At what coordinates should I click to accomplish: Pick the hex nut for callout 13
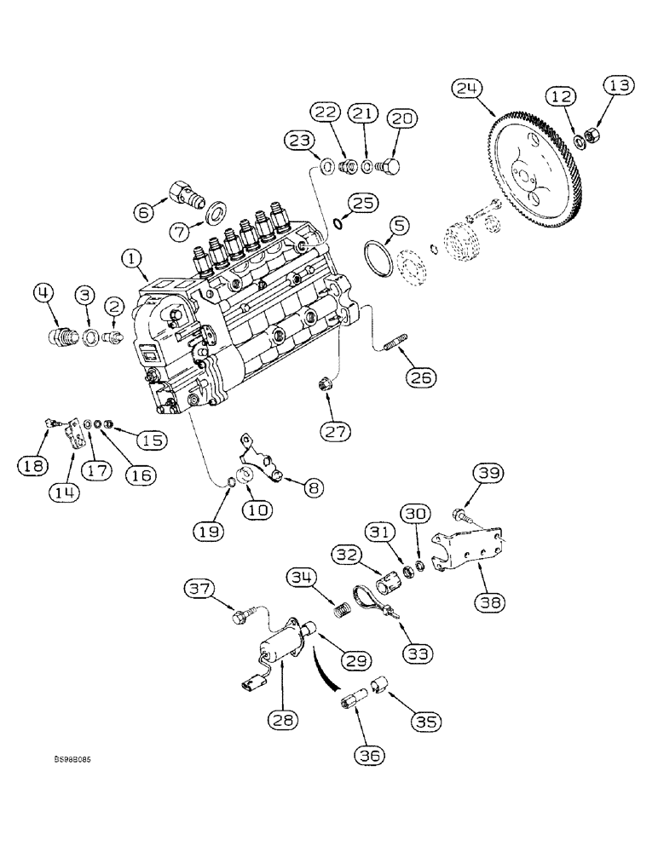click(x=597, y=136)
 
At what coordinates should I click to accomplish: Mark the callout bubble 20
click(x=403, y=120)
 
